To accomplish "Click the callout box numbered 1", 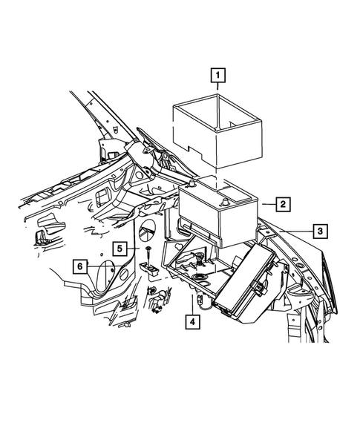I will pos(217,74).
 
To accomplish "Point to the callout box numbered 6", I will pos(80,266).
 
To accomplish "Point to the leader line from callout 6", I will pos(100,266).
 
